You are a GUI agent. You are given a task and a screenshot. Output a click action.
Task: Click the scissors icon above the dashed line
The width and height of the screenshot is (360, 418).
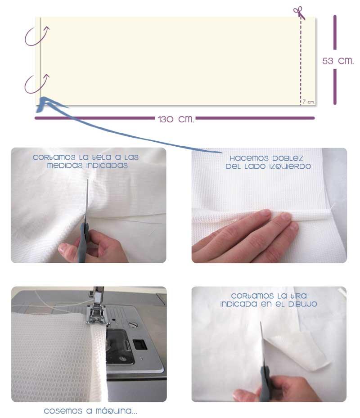pos(299,13)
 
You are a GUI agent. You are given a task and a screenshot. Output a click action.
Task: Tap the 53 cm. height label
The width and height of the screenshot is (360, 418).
pos(338,61)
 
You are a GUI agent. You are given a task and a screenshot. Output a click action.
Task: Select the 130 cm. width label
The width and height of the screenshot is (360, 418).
pos(176,119)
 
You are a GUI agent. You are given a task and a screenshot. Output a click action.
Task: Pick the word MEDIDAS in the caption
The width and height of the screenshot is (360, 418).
pos(65,166)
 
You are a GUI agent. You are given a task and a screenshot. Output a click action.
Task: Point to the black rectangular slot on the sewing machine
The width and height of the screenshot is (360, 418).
pos(140,344)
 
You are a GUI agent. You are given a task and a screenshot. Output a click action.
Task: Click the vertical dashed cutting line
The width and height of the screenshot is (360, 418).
pos(301,60)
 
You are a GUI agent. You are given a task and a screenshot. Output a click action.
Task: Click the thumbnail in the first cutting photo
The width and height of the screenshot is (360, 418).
pos(63,249)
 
